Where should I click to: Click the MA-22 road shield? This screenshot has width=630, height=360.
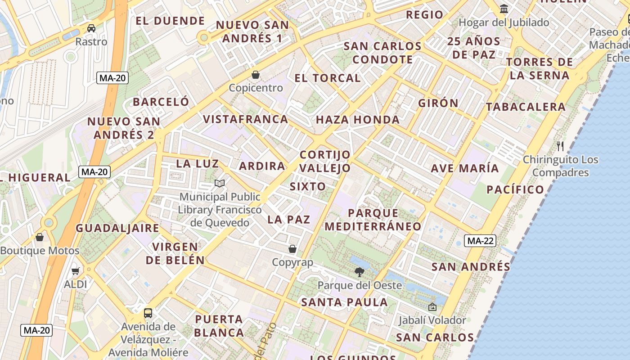tap(480, 241)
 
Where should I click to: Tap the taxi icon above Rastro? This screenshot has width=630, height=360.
tap(91, 28)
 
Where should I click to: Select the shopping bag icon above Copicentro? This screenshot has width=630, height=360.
tap(256, 74)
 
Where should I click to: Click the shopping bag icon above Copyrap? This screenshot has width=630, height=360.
tap(292, 249)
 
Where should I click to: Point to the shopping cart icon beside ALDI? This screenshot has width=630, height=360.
tap(75, 271)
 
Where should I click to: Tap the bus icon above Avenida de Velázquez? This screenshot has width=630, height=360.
tap(148, 313)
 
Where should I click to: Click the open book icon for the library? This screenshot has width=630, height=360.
tap(220, 183)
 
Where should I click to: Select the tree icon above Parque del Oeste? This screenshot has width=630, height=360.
tap(359, 272)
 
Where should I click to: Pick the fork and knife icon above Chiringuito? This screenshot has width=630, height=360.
tap(560, 146)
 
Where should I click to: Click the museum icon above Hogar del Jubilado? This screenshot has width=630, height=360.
tap(504, 9)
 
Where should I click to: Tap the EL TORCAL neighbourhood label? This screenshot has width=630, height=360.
tap(328, 78)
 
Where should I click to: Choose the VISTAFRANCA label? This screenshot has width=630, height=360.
tap(245, 119)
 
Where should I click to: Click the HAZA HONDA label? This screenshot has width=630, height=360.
tap(358, 120)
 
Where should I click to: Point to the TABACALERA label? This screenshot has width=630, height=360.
tap(526, 107)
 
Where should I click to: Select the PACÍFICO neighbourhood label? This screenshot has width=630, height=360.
tap(515, 189)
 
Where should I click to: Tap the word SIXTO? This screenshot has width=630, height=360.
tap(308, 186)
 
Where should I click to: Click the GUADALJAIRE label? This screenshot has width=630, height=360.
tap(117, 228)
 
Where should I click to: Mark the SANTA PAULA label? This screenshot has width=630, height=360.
tap(344, 302)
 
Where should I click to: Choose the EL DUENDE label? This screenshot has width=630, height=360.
tap(170, 21)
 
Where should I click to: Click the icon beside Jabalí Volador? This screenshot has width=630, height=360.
tap(432, 307)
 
